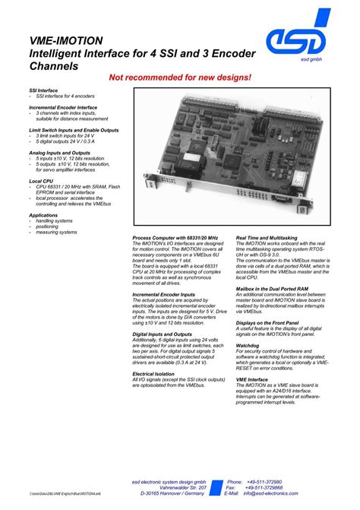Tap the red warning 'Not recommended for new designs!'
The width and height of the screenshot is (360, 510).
pyautogui.click(x=180, y=78)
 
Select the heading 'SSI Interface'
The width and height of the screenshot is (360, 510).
pyautogui.click(x=44, y=90)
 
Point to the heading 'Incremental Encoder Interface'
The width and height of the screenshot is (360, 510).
pyautogui.click(x=63, y=108)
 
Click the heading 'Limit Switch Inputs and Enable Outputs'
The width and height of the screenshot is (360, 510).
pyautogui.click(x=74, y=130)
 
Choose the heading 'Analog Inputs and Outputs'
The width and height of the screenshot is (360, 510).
pyautogui.click(x=58, y=152)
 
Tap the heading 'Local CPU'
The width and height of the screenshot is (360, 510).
pyautogui.click(x=41, y=181)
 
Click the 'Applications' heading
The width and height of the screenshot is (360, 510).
pyautogui.click(x=43, y=215)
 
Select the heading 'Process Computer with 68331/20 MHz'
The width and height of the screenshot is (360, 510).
pyautogui.click(x=175, y=238)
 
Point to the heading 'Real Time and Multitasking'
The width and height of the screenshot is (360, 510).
pyautogui.click(x=267, y=238)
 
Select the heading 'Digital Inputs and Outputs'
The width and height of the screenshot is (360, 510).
pyautogui.click(x=162, y=334)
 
